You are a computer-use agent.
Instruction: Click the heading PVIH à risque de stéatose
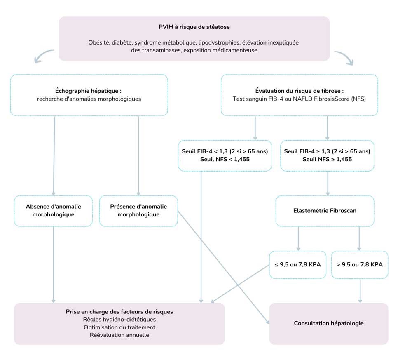tap(194, 27)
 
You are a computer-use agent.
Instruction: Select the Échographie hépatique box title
tap(88, 91)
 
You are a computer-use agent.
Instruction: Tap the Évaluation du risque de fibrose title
tap(299, 91)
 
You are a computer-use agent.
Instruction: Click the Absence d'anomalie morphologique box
tap(54, 210)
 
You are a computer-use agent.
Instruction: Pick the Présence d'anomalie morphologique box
tap(138, 210)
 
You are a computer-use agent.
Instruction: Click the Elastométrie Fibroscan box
tap(325, 210)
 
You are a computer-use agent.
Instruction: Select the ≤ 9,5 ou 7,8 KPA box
tap(297, 264)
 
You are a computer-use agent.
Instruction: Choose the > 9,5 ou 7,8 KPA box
tap(360, 264)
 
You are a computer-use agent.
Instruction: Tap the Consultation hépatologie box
tap(328, 323)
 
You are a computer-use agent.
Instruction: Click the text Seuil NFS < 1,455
tap(225, 159)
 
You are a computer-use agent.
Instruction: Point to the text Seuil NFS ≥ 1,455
tap(327, 159)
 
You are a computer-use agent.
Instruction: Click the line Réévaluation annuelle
tap(119, 335)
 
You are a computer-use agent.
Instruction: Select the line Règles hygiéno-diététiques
tap(119, 319)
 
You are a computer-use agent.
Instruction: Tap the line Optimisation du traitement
tap(119, 327)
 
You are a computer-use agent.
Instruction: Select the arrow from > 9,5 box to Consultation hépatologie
tap(360, 290)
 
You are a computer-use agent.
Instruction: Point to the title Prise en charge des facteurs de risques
tap(119, 311)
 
